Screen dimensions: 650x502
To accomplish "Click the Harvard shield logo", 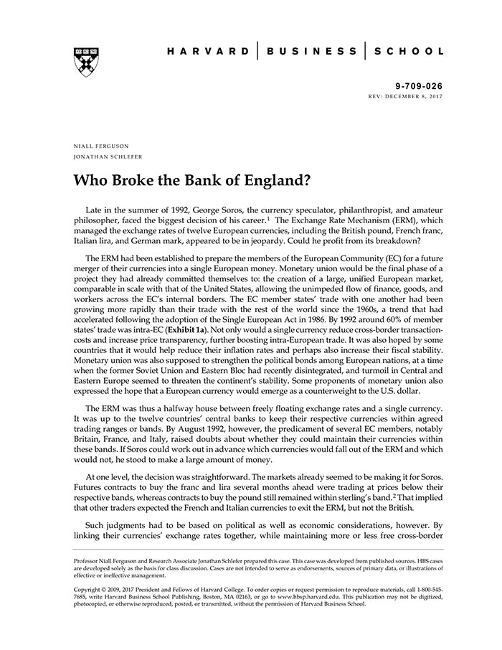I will click(85, 62).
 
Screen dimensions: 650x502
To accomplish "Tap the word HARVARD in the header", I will click(207, 52).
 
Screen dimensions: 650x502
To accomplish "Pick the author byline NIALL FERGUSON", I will click(101, 146).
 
